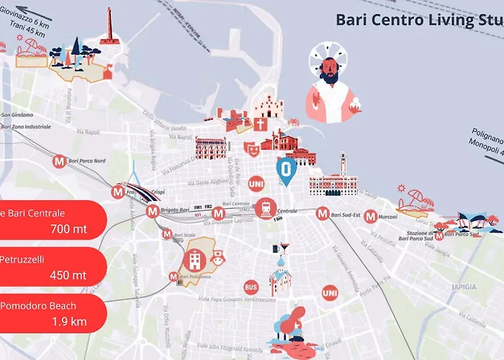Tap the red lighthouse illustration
click(109, 29)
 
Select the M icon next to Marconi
click(370, 216)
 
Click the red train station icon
click(265, 208)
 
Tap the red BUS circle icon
click(251, 286)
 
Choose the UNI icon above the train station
click(256, 184)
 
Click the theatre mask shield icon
click(251, 148)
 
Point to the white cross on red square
click(259, 123)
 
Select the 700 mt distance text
click(69, 230)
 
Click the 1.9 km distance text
click(70, 321)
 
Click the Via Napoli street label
click(87, 132)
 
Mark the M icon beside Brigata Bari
click(152, 212)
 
